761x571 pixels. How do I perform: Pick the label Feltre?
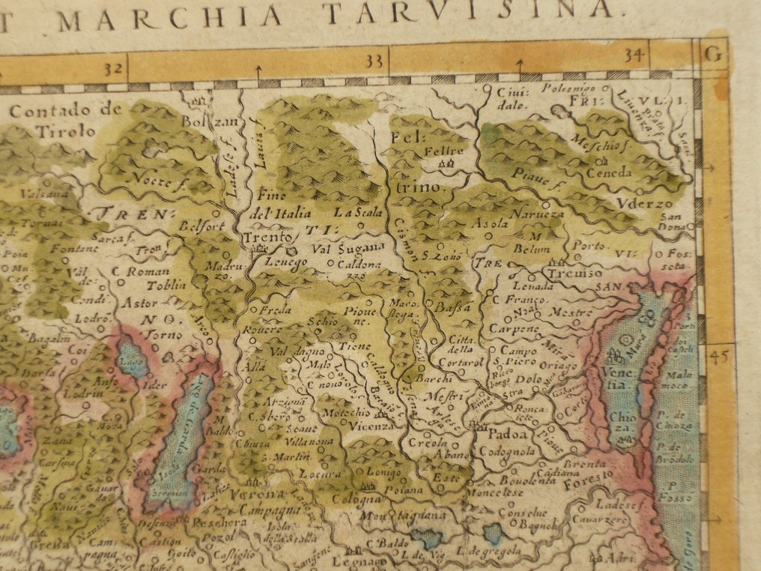pos(444,151)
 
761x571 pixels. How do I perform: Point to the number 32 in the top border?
pos(114,69)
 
